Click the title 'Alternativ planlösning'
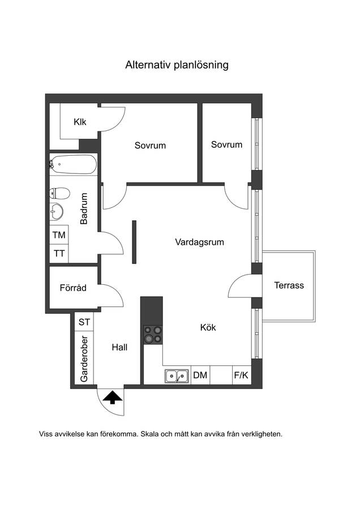(x=177, y=65)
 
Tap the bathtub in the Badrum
(x=74, y=164)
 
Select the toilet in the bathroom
(x=60, y=193)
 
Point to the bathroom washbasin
(x=56, y=212)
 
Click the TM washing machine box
(x=59, y=235)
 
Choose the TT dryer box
(x=59, y=253)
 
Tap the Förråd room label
(x=73, y=288)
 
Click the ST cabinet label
(x=84, y=322)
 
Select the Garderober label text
(x=84, y=359)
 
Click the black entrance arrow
(x=112, y=397)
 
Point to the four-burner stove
(x=153, y=335)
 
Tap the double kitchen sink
(x=177, y=377)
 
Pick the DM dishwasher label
(x=200, y=375)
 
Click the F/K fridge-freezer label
(x=241, y=375)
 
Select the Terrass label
(x=289, y=285)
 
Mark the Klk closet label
(x=80, y=122)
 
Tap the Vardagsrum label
(x=199, y=242)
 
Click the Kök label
(x=208, y=328)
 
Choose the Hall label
(x=119, y=347)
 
